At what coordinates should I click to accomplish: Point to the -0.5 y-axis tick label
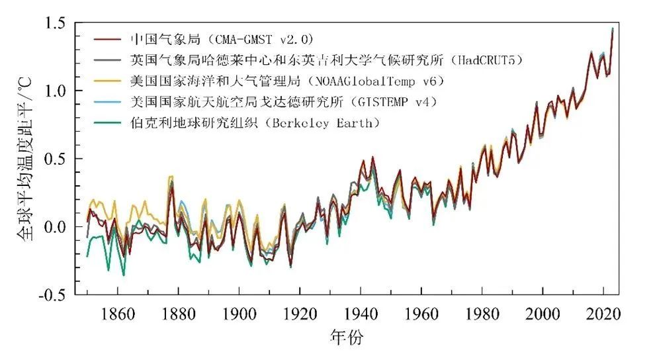(53, 295)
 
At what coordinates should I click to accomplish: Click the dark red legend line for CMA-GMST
(109, 38)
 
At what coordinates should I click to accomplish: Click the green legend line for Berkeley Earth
(109, 123)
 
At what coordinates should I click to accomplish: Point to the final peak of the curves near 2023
(612, 29)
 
